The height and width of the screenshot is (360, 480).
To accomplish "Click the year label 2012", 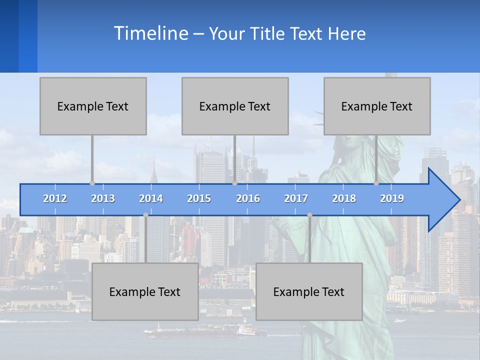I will (x=55, y=198).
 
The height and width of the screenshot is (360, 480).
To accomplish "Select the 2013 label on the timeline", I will (x=103, y=198).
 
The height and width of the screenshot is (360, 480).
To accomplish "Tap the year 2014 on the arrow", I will (x=151, y=198).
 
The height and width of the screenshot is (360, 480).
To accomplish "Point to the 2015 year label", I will (x=199, y=198).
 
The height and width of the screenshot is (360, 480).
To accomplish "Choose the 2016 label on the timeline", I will (x=248, y=198).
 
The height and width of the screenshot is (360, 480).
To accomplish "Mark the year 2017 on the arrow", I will (x=296, y=198).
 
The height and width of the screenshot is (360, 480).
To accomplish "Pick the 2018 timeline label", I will (x=344, y=198).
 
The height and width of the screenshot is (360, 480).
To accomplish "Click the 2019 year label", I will (x=392, y=198).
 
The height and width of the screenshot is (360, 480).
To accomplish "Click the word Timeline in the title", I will (x=150, y=33).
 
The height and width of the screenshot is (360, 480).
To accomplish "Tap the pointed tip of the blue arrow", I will (x=458, y=200).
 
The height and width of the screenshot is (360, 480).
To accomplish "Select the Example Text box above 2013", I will (x=93, y=106).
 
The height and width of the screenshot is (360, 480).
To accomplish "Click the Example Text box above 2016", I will (x=235, y=106).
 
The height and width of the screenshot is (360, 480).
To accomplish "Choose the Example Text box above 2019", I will (x=377, y=106).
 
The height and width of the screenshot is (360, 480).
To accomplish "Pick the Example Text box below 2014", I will (x=145, y=291).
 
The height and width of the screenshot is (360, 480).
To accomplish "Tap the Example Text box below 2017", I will (x=309, y=291).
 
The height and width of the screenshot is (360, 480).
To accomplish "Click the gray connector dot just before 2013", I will (x=92, y=183).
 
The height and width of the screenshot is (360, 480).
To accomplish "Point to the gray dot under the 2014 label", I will (x=145, y=214).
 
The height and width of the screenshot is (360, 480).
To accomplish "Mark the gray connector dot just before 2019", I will (x=376, y=183).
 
